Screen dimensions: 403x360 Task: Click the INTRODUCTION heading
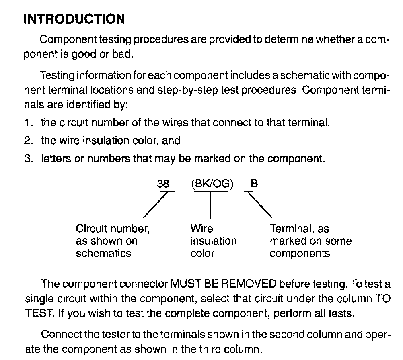click(74, 19)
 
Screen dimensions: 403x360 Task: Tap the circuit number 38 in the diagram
click(163, 184)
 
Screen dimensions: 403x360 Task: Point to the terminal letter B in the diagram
click(254, 184)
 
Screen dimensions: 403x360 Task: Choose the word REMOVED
click(249, 284)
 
